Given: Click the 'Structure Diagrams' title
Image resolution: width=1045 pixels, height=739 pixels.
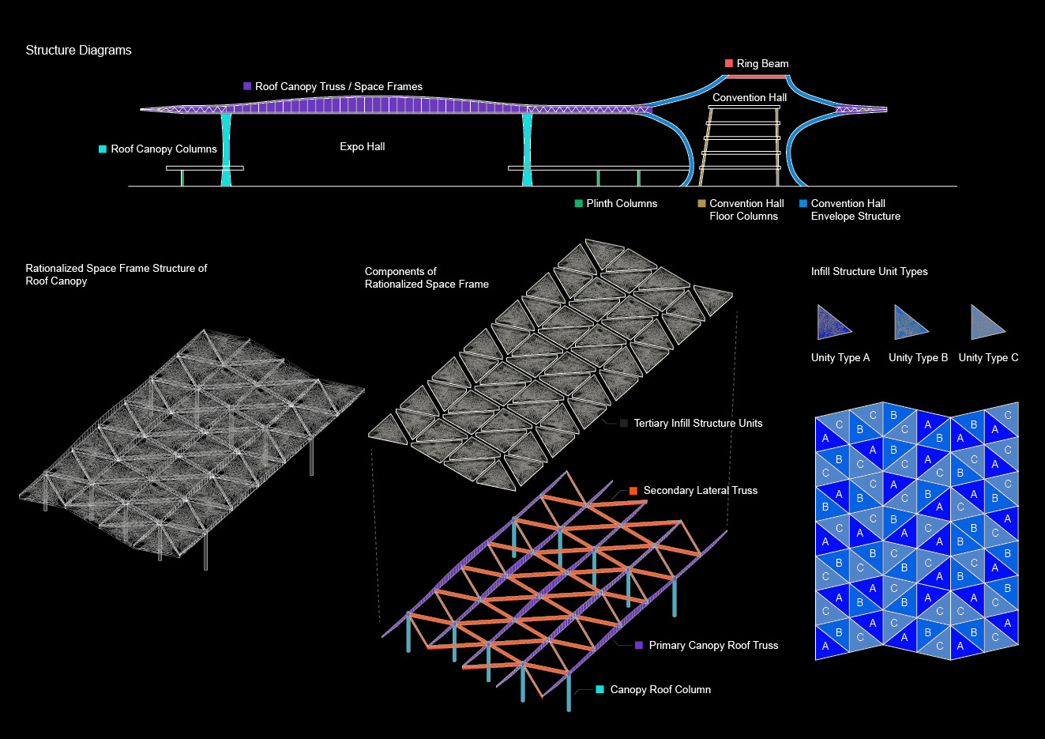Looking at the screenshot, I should pyautogui.click(x=78, y=50).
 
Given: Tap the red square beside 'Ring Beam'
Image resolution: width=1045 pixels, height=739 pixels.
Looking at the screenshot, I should pyautogui.click(x=729, y=63).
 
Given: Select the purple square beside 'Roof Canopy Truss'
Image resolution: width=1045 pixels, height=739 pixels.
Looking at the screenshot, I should pyautogui.click(x=247, y=86).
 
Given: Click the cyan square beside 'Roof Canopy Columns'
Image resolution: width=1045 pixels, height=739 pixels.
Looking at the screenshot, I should pyautogui.click(x=103, y=149).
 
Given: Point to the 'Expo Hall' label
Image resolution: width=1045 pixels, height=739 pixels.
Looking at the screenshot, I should pyautogui.click(x=363, y=146).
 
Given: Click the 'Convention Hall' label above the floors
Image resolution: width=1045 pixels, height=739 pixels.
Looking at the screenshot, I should pyautogui.click(x=749, y=97).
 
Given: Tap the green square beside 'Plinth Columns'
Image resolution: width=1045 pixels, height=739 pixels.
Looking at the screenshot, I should pyautogui.click(x=579, y=203).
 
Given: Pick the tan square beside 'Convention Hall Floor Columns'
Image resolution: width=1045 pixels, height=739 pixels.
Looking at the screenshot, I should pyautogui.click(x=701, y=203).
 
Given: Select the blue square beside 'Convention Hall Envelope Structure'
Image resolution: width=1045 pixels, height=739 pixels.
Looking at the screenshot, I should pyautogui.click(x=803, y=203).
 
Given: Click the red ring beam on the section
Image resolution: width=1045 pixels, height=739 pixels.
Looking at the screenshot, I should pyautogui.click(x=756, y=76).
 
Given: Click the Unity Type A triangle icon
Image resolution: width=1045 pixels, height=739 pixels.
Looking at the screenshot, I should pyautogui.click(x=832, y=322).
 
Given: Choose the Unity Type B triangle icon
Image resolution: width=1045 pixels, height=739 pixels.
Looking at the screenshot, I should pyautogui.click(x=908, y=322).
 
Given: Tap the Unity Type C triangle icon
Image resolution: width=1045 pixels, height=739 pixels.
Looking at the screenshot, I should pyautogui.click(x=986, y=322).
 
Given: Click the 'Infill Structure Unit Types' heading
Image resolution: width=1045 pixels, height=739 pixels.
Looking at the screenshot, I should pyautogui.click(x=869, y=271).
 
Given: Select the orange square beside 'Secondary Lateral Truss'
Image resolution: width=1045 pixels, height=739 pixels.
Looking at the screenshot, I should pyautogui.click(x=633, y=491).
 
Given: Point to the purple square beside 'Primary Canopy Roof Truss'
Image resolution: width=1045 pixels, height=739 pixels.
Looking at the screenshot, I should pyautogui.click(x=639, y=645).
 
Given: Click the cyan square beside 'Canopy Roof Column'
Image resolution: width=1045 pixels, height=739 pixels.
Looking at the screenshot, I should pyautogui.click(x=600, y=689).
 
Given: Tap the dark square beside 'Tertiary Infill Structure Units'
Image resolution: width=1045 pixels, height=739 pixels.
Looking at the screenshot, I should pyautogui.click(x=624, y=423).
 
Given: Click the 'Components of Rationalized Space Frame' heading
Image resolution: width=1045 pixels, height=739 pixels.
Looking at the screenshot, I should pyautogui.click(x=427, y=277).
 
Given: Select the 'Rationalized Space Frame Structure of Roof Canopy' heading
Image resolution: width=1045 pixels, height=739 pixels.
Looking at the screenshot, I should pyautogui.click(x=116, y=274).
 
